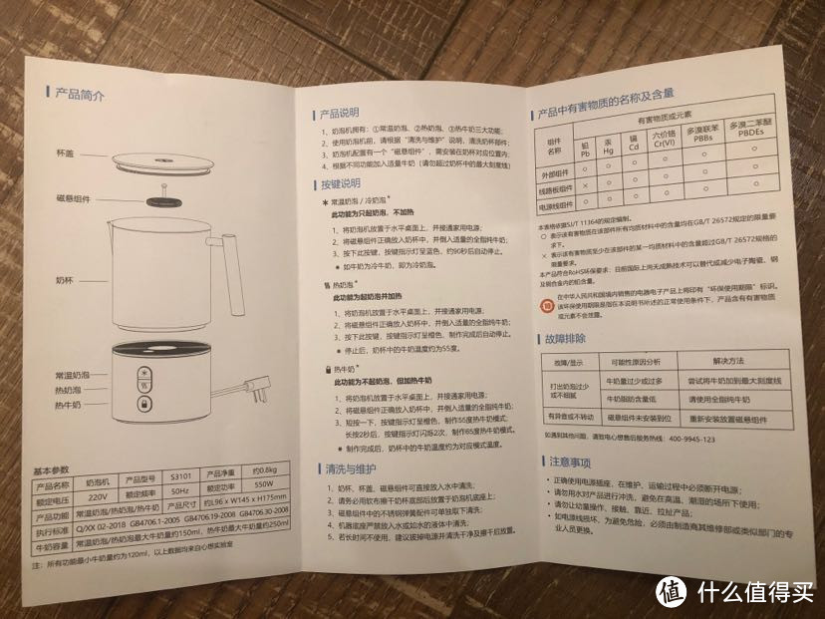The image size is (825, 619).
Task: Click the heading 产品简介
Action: (x=80, y=96)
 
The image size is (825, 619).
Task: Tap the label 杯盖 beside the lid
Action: (x=66, y=154)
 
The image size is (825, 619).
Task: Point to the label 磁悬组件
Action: (x=73, y=200)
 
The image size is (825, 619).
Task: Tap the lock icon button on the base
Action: (x=144, y=407)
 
